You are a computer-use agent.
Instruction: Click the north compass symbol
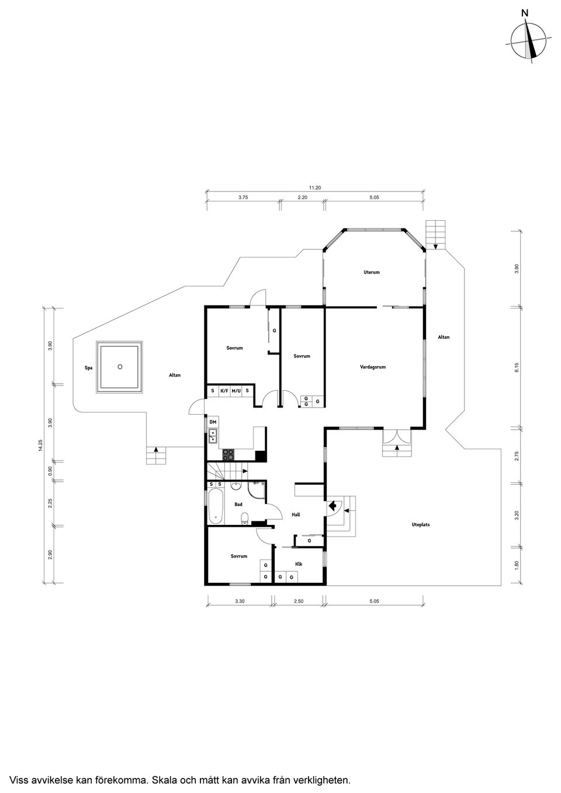pos(529,40)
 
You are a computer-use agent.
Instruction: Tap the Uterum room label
pos(371,272)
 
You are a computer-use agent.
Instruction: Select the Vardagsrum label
pos(373,367)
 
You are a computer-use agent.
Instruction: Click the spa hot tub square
pos(120,367)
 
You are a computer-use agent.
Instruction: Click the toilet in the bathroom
pos(245,517)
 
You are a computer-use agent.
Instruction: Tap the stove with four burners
pos(228,454)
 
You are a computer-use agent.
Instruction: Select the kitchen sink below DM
pos(213,434)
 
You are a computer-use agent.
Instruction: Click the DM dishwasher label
pos(213,422)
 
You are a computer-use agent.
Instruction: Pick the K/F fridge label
pos(224,391)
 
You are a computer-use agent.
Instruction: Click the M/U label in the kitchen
pos(236,391)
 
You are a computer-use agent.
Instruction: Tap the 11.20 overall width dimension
pos(315,187)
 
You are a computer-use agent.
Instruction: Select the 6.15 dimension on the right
pos(517,367)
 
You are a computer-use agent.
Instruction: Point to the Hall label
pos(296,514)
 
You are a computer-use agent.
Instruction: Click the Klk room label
pos(298,564)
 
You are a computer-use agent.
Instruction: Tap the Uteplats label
pos(420,524)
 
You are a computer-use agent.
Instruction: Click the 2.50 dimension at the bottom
pos(299,600)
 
